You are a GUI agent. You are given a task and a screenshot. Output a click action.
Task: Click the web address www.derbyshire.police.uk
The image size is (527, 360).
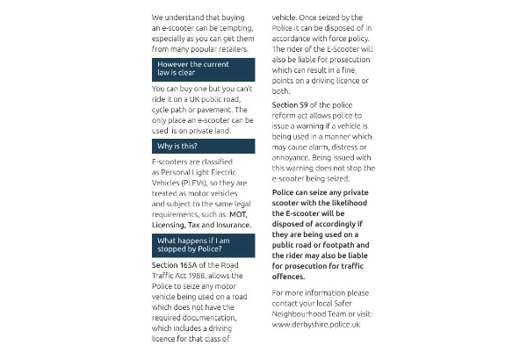[x=316, y=324]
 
